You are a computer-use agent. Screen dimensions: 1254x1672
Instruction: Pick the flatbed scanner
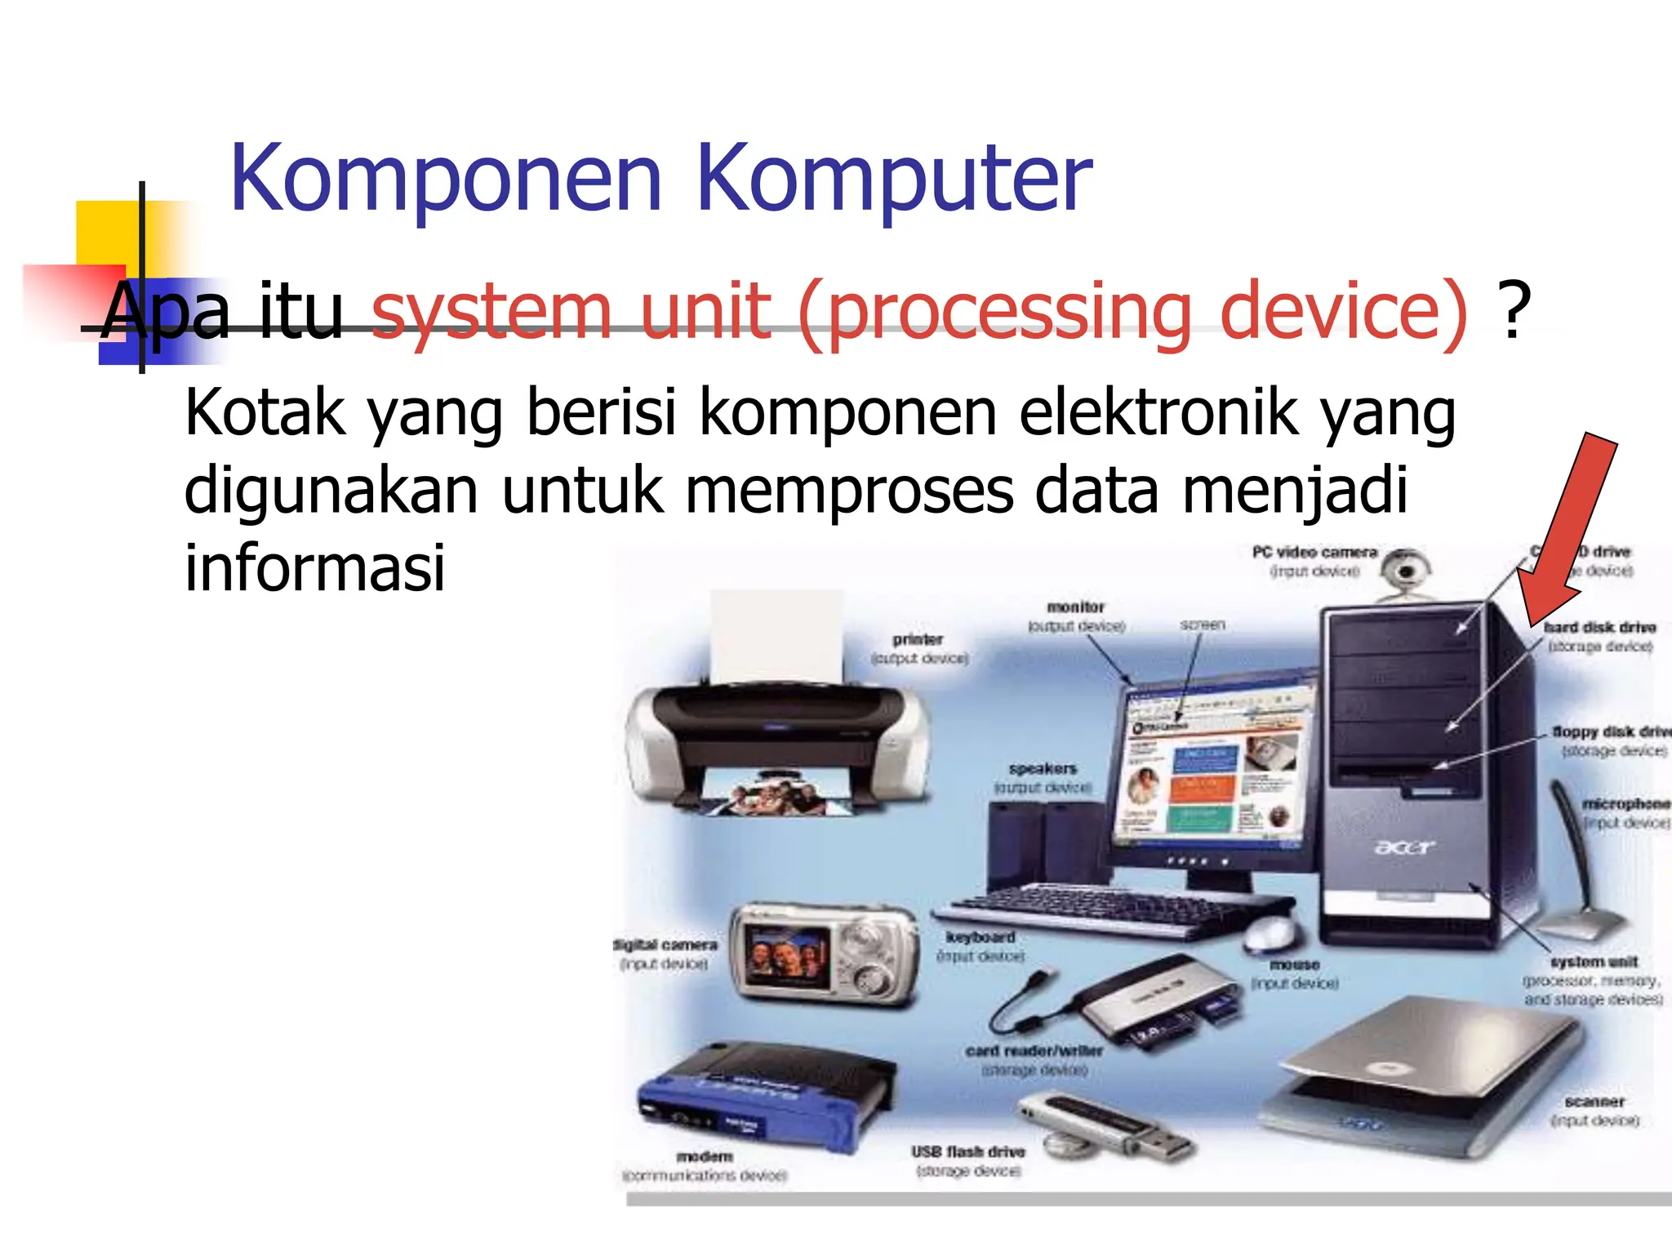tap(1421, 1078)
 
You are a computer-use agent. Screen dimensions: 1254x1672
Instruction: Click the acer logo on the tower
tap(1403, 847)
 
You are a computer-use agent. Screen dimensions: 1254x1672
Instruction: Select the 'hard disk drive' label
tap(1599, 627)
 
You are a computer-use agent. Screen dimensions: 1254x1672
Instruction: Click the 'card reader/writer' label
tap(1034, 1051)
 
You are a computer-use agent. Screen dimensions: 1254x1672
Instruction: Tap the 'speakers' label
tap(1043, 768)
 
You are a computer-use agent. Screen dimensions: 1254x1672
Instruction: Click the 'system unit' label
tap(1594, 962)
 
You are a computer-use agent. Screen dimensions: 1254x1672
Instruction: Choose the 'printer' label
tap(918, 639)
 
